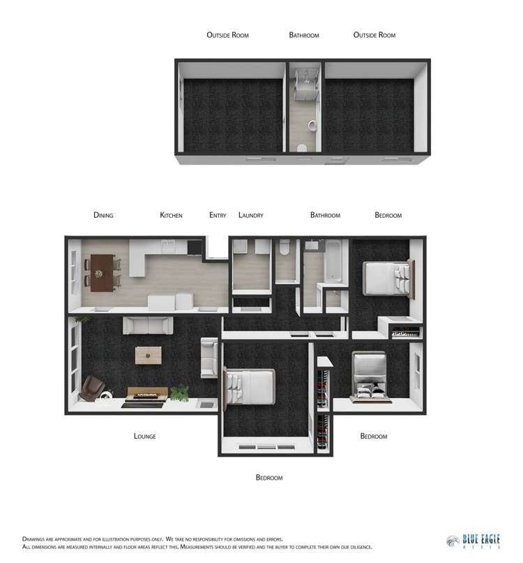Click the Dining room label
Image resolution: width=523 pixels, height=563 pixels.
pyautogui.click(x=103, y=215)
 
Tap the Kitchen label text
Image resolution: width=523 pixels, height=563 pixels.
pyautogui.click(x=171, y=215)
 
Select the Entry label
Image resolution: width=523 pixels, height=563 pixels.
pyautogui.click(x=218, y=215)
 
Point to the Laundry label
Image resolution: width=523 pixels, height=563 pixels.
pyautogui.click(x=251, y=215)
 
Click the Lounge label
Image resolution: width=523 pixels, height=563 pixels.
pyautogui.click(x=144, y=437)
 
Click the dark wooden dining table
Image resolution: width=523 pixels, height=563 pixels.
pyautogui.click(x=103, y=272)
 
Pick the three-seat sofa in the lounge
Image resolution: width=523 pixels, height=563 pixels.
pyautogui.click(x=148, y=325)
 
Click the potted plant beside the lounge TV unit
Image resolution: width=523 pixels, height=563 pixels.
pyautogui.click(x=180, y=393)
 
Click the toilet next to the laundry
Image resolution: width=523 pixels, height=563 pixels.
pyautogui.click(x=285, y=249)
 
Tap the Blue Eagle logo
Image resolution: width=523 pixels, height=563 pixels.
pyautogui.click(x=473, y=542)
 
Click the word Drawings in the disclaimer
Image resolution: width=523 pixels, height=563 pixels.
pyautogui.click(x=36, y=539)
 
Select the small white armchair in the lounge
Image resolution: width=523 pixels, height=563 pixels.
pyautogui.click(x=209, y=357)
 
